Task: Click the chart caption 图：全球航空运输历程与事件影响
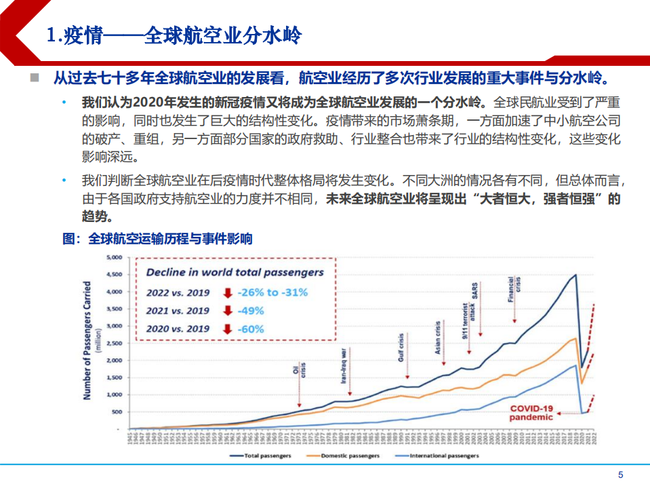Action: point(157,239)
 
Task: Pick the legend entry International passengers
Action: point(444,455)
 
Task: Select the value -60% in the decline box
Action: point(251,330)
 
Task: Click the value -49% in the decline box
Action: point(251,311)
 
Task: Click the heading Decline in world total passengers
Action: point(235,273)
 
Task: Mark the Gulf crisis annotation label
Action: point(401,346)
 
